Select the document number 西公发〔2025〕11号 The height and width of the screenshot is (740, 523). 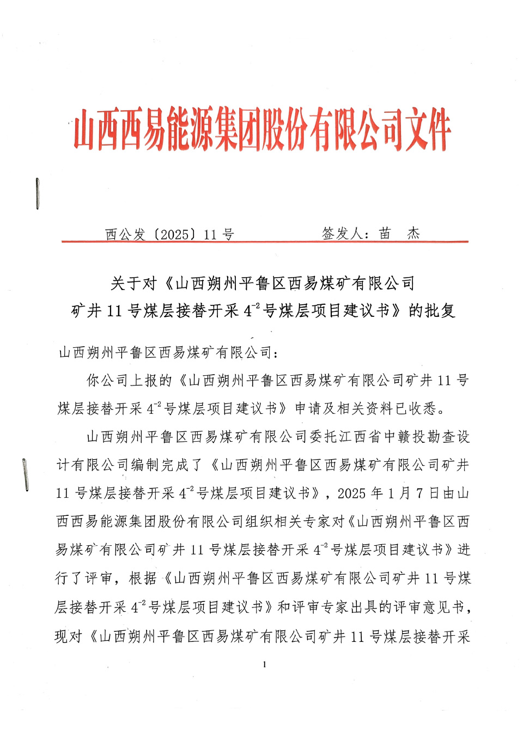(x=169, y=234)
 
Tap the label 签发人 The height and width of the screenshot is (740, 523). (x=343, y=234)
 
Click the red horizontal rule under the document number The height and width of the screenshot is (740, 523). (x=265, y=241)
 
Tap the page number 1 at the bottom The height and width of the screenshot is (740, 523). (x=264, y=664)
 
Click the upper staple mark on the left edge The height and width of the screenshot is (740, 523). (x=37, y=194)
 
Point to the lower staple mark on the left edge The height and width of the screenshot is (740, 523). (x=25, y=474)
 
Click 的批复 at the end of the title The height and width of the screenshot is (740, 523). (x=432, y=311)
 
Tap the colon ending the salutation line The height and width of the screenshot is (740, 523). (x=277, y=353)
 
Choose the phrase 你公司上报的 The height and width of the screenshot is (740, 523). (x=130, y=381)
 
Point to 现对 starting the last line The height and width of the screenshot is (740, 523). (x=69, y=636)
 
